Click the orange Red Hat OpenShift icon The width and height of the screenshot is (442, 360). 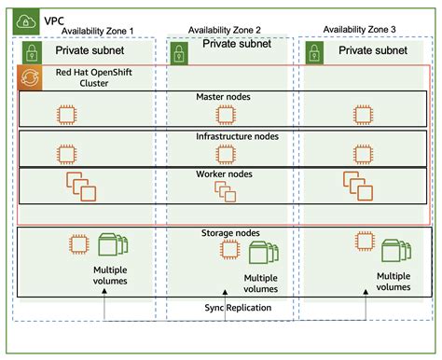[29, 77]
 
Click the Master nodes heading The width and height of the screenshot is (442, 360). [224, 97]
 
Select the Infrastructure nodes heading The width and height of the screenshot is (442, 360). [224, 136]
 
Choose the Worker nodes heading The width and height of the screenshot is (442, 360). [224, 173]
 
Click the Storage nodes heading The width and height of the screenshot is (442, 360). [224, 232]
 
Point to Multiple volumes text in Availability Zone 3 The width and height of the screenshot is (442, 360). [393, 282]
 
